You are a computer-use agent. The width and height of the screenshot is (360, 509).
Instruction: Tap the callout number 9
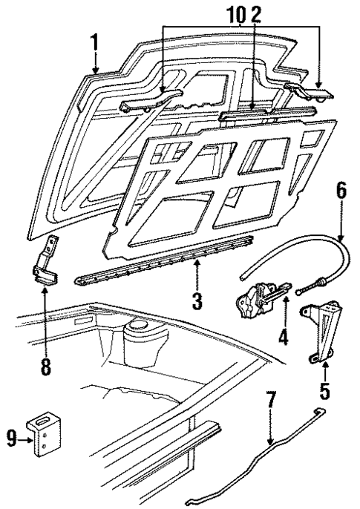coord(12,439)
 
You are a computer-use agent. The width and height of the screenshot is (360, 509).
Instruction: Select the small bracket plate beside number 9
coord(44,439)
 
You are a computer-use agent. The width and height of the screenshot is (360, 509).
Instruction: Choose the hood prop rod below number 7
coord(252,467)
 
